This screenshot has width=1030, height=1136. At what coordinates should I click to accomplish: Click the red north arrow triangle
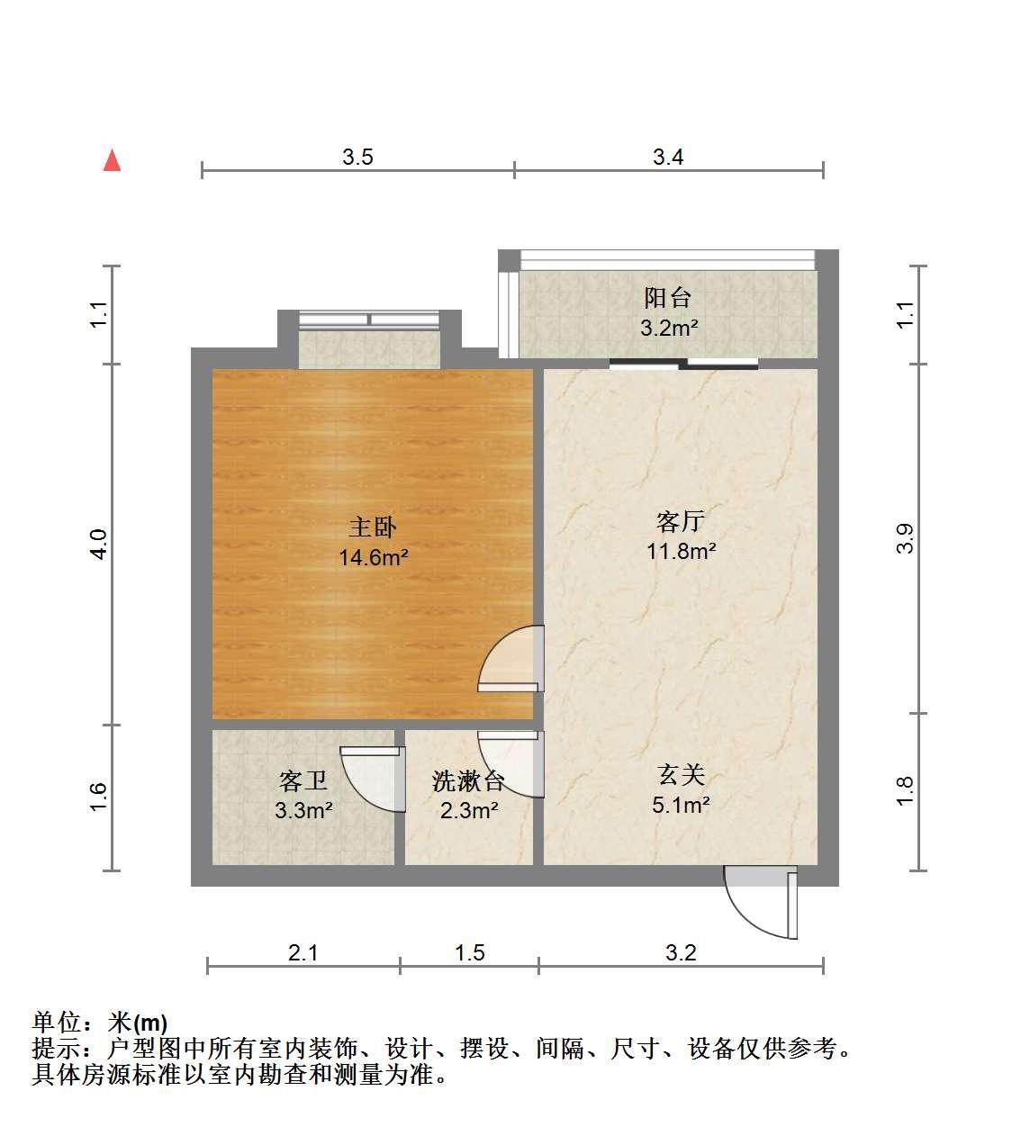[113, 160]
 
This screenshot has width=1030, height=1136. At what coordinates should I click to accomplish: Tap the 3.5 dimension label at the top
[357, 157]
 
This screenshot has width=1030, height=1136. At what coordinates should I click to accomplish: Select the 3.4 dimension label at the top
[668, 157]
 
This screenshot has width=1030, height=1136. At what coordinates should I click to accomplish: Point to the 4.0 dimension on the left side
[98, 545]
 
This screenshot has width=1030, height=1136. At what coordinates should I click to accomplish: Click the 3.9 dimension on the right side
[905, 538]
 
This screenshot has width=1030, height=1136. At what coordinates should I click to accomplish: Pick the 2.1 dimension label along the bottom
[303, 952]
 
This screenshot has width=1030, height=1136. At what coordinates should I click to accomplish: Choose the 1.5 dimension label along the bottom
[470, 952]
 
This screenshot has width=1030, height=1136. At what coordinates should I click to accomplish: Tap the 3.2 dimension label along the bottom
[681, 952]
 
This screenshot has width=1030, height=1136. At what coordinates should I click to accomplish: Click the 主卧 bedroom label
[372, 527]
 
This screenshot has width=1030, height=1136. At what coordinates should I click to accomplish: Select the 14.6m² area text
[374, 558]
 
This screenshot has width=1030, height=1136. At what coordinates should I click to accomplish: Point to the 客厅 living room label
[681, 521]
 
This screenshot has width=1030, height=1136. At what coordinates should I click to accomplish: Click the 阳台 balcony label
[668, 298]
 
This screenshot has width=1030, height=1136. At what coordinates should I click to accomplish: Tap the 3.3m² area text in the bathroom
[303, 810]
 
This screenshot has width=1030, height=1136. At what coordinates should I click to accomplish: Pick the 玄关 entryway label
[681, 775]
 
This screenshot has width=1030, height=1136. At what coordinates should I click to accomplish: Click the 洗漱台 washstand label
[468, 781]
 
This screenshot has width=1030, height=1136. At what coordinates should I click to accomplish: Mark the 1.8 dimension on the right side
[905, 791]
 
